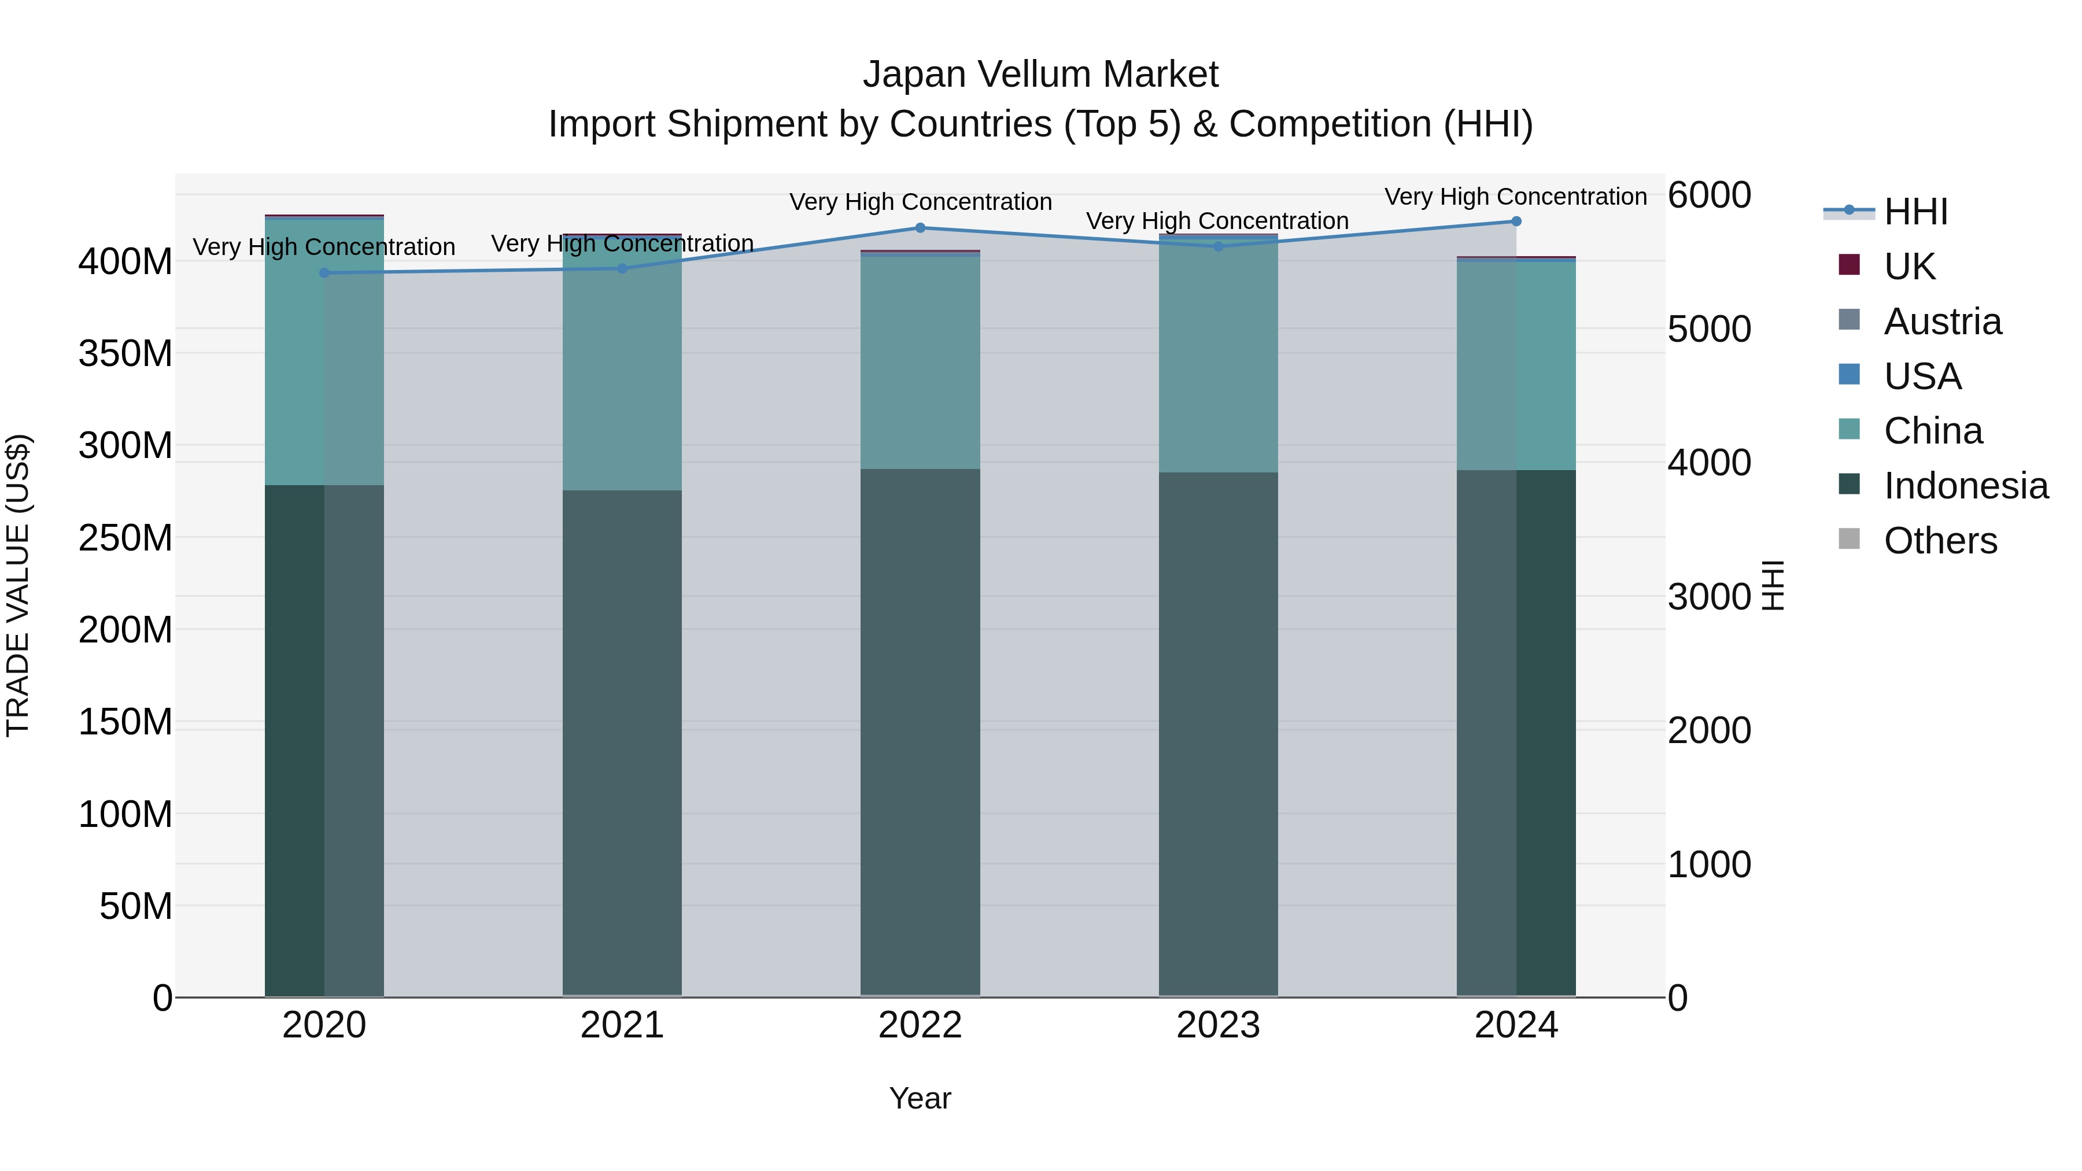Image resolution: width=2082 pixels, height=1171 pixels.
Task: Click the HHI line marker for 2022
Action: [x=920, y=228]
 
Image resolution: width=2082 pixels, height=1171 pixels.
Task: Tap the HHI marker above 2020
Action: [x=324, y=273]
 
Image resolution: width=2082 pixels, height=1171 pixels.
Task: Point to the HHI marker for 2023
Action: [x=1218, y=246]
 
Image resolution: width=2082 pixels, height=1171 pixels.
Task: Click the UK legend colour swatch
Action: [x=1848, y=265]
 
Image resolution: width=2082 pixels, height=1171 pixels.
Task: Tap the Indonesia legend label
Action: [x=1966, y=486]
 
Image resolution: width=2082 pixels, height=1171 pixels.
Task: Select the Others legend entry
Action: [x=1940, y=541]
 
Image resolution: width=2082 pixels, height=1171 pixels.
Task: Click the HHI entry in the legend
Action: [x=1915, y=212]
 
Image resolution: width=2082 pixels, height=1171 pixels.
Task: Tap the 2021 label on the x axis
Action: [x=622, y=1025]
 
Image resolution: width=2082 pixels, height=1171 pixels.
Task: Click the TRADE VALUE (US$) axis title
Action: [x=19, y=585]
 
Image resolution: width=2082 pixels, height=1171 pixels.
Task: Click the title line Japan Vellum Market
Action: [x=1040, y=75]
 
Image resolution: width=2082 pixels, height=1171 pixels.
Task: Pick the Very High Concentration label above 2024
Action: [x=1515, y=197]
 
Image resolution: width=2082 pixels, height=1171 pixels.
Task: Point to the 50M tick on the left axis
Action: [x=135, y=907]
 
